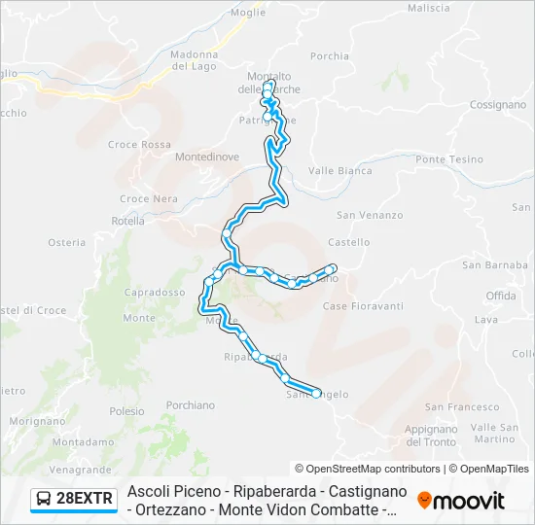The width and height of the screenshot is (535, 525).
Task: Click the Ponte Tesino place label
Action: coord(449,158)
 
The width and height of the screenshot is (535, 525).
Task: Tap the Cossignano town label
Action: coord(498,104)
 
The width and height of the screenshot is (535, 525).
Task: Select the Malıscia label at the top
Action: coord(429,8)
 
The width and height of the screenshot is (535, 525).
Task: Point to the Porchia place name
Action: coord(330,56)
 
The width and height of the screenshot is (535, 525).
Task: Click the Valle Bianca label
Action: coord(339,170)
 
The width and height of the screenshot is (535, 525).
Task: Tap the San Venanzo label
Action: coord(370,215)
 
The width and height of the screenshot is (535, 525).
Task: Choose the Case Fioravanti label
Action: coord(363,306)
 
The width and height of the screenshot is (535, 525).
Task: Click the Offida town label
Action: coord(501,295)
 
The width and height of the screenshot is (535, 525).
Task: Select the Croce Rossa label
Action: coord(139,145)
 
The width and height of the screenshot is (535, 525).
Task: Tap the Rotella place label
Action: coord(127,221)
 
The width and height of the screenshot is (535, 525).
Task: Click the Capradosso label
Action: coord(155,292)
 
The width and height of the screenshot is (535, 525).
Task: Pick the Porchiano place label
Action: coord(191,404)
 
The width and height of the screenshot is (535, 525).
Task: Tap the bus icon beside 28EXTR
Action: coord(44,500)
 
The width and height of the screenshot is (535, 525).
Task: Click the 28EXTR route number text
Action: coord(86,500)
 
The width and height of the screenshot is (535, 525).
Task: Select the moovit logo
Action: coord(461,501)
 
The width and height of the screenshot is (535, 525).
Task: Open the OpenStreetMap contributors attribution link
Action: coord(368,469)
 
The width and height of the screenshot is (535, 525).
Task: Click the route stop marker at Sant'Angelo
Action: coord(316,393)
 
